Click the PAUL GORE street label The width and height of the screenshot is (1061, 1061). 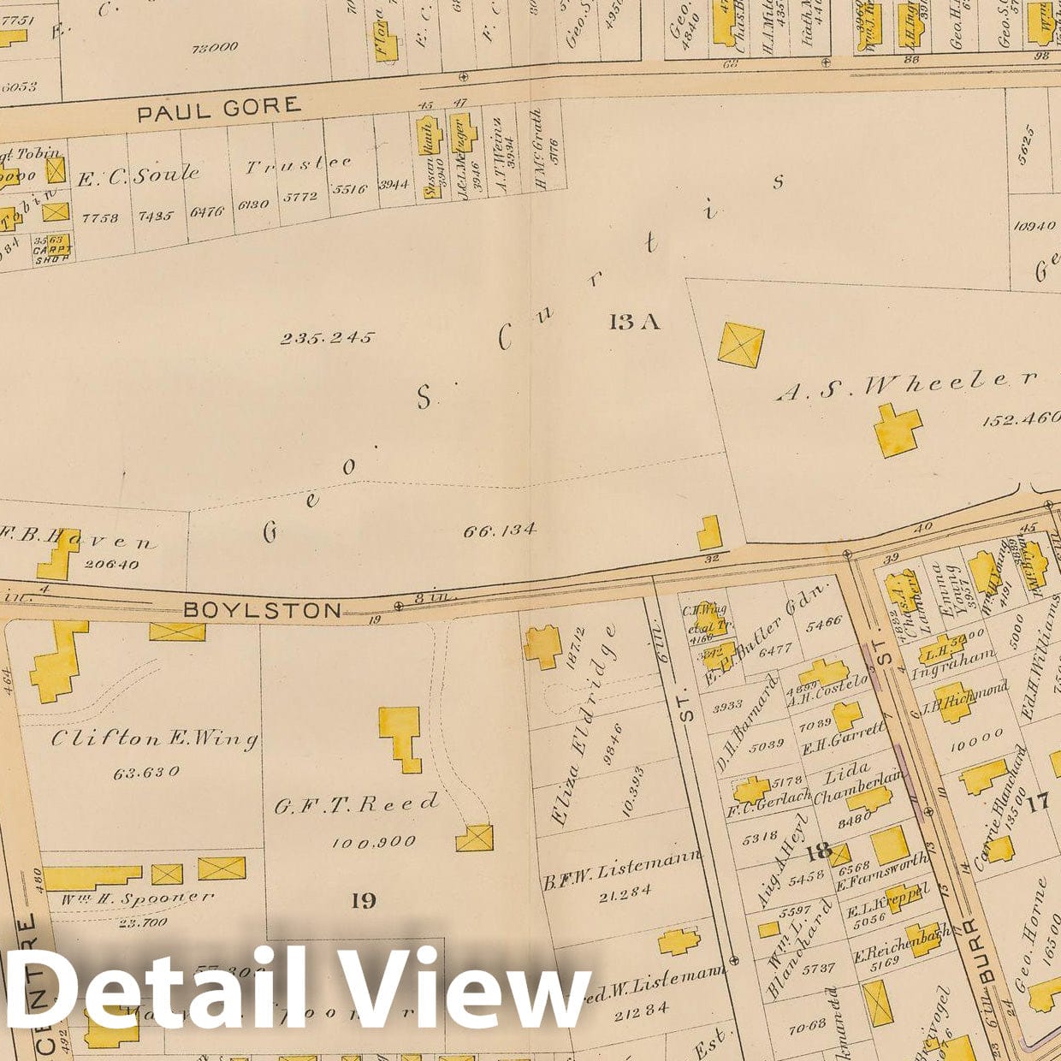[x=219, y=108]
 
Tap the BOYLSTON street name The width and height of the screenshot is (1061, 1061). [x=262, y=610]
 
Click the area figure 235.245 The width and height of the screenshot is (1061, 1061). [x=327, y=338]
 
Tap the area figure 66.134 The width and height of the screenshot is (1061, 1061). [x=500, y=531]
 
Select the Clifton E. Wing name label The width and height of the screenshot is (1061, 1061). [x=154, y=738]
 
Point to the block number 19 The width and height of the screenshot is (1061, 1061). [x=364, y=900]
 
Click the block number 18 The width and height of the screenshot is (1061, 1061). [x=818, y=851]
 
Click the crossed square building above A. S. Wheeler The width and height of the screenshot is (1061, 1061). [x=741, y=345]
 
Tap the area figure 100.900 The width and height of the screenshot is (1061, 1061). [x=373, y=842]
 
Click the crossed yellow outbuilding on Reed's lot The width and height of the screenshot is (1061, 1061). [x=474, y=837]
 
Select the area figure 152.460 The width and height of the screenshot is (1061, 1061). [x=1022, y=420]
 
